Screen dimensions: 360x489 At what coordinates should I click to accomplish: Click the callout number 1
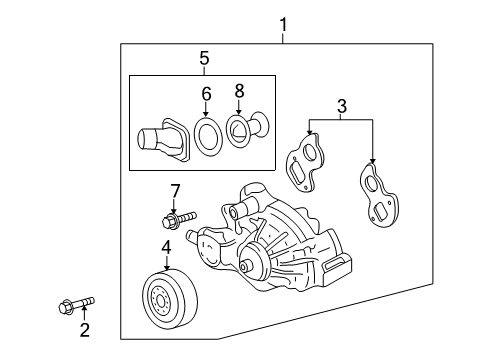tap(283, 22)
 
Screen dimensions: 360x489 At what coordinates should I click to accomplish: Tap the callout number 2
tap(85, 329)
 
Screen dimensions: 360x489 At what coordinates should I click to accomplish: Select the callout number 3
tap(341, 104)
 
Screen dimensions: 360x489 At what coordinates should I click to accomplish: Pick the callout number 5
tap(204, 58)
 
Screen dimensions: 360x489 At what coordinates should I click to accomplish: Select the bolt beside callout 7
tap(176, 216)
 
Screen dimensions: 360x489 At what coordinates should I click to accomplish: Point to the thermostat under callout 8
tap(248, 135)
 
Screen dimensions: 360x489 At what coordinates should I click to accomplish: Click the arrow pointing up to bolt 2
tap(84, 312)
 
